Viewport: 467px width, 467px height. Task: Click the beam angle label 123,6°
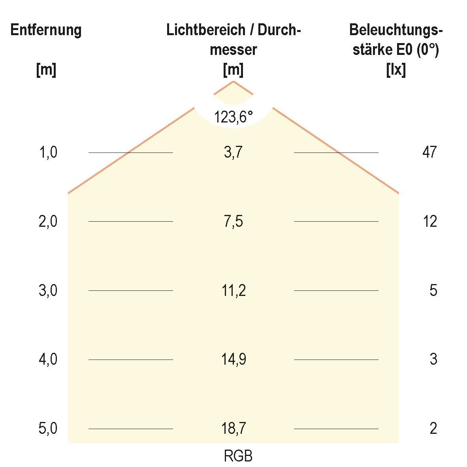click(x=233, y=117)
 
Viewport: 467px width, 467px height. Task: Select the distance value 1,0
click(x=48, y=152)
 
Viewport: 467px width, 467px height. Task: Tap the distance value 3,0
click(x=48, y=291)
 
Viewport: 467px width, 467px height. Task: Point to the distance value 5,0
click(x=48, y=428)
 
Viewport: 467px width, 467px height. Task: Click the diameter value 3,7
click(x=233, y=152)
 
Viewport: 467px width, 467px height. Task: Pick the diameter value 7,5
click(x=233, y=221)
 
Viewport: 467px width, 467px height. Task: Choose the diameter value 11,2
click(x=233, y=291)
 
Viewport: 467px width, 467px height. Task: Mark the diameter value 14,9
click(x=233, y=360)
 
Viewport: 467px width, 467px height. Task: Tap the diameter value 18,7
click(x=233, y=428)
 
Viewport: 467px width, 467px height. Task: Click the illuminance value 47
click(x=429, y=152)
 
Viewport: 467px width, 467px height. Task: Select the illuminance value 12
click(x=429, y=221)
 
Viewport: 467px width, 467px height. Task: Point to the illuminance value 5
click(x=433, y=291)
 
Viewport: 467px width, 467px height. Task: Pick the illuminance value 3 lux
click(x=433, y=360)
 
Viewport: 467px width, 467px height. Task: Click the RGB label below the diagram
click(x=238, y=456)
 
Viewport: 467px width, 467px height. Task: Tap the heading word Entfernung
click(x=46, y=30)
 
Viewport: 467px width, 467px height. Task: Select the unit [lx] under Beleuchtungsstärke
click(x=396, y=70)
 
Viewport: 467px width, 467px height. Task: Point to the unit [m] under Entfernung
click(x=46, y=70)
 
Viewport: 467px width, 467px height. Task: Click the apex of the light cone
click(x=233, y=81)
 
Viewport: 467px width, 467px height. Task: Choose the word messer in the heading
click(x=233, y=50)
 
